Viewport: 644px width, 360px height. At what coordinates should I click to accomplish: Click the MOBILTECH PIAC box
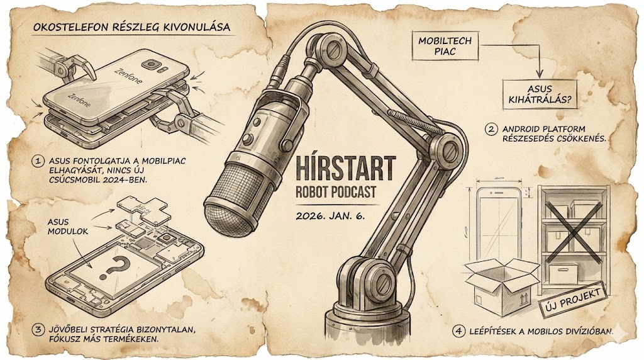tap(445, 45)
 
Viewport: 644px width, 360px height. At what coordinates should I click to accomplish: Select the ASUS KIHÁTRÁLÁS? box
tap(540, 94)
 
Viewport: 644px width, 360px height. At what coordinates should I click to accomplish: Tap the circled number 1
tap(38, 161)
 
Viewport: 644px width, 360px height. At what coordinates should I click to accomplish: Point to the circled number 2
tap(491, 130)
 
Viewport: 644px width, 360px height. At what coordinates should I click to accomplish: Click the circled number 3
tap(38, 330)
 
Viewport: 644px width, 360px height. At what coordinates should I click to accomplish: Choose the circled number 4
tap(458, 331)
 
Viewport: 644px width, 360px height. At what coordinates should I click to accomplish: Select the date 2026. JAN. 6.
tap(330, 215)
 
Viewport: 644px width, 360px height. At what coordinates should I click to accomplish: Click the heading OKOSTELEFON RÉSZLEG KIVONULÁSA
tap(131, 28)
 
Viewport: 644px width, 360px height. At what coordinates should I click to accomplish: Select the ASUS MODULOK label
tap(68, 227)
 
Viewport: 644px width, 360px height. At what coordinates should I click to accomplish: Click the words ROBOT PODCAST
tap(336, 192)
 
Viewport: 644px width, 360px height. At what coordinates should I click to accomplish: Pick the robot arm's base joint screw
tap(384, 281)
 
